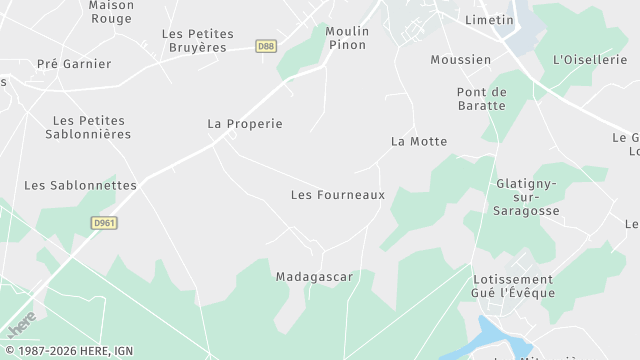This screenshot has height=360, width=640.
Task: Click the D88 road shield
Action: [265, 45]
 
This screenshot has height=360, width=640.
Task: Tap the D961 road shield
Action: [103, 222]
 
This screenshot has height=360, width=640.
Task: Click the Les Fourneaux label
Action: [337, 194]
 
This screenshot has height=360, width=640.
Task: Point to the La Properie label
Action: [245, 124]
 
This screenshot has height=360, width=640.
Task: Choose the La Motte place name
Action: [419, 141]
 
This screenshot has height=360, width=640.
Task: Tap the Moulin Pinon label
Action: [347, 38]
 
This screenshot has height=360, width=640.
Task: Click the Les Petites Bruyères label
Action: [198, 40]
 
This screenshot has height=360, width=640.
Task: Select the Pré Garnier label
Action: [74, 64]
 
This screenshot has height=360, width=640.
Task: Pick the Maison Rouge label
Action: [111, 11]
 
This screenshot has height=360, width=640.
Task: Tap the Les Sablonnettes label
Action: [80, 185]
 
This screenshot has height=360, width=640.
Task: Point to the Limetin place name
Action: [489, 19]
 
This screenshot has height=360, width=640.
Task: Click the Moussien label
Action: [460, 59]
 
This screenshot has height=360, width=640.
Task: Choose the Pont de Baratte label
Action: [482, 99]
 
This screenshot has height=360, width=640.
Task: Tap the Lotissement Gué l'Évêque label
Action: [513, 285]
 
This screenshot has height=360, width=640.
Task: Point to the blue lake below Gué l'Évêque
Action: [497, 335]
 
